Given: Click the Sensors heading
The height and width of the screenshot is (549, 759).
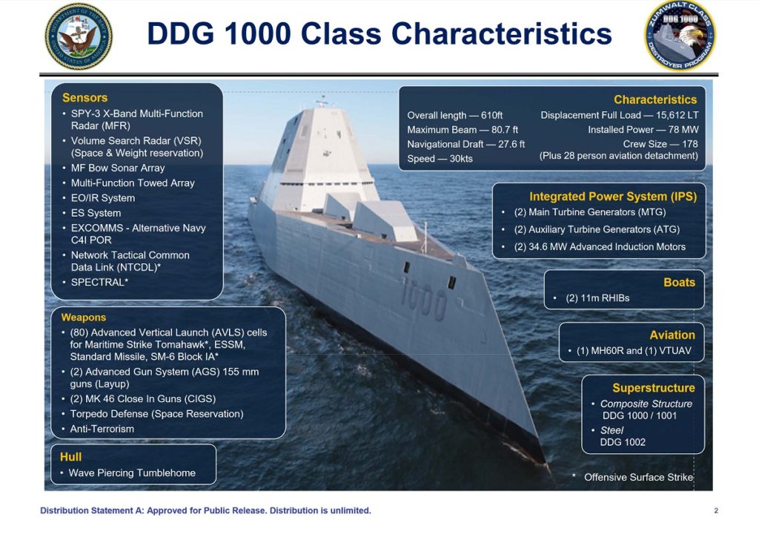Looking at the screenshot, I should [84, 98].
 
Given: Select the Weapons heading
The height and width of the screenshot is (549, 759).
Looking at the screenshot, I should [83, 318].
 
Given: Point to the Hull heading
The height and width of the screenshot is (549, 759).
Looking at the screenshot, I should [70, 457].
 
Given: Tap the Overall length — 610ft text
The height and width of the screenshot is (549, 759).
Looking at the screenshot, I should [455, 116].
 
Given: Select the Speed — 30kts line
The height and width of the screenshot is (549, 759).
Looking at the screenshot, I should [440, 159].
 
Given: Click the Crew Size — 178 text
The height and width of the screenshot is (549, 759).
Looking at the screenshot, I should [660, 144].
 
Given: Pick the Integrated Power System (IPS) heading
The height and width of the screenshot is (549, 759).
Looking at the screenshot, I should [612, 197].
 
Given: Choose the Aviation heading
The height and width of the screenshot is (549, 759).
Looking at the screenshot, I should [672, 335].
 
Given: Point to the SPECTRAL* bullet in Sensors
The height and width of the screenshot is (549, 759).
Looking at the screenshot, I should [99, 283].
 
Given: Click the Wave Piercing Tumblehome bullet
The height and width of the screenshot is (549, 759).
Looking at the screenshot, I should [132, 473].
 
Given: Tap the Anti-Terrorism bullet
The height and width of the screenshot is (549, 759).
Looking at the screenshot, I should [102, 429].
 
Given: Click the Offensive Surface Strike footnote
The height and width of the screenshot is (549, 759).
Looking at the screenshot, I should [637, 477].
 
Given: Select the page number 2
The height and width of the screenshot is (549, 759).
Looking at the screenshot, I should [716, 510].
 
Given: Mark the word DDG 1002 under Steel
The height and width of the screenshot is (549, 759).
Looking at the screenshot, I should [623, 442].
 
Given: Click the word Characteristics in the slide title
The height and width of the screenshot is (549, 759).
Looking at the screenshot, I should [501, 34].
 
